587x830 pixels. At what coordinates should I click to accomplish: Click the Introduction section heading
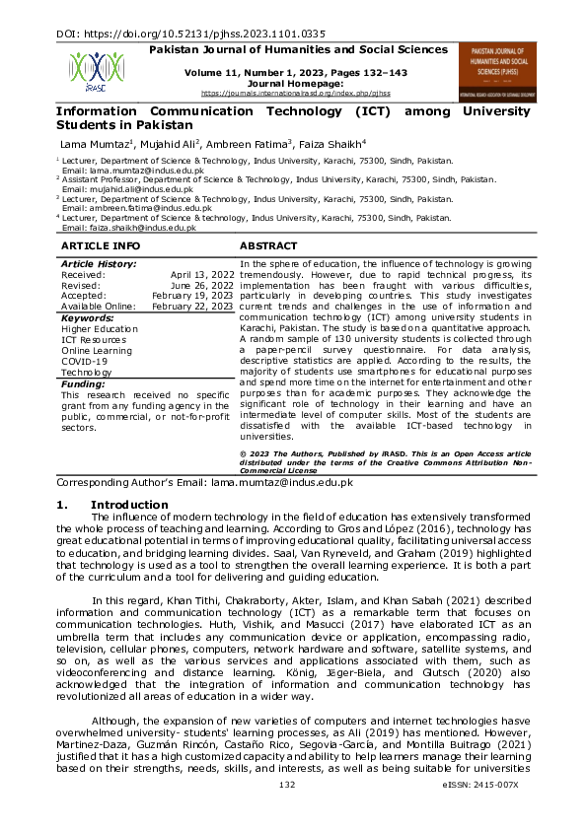[136, 505]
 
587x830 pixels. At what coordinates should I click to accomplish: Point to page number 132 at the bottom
[288, 811]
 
